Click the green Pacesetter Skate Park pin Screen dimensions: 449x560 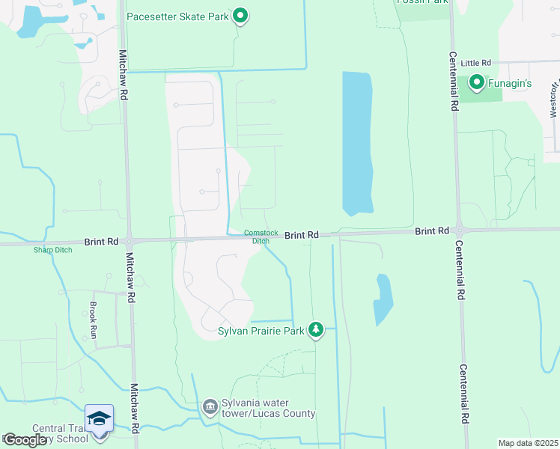240,15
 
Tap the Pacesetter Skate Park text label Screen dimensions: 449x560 177,16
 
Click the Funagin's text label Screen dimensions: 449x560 510,83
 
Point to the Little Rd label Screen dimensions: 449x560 475,64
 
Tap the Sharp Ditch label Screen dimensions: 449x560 52,250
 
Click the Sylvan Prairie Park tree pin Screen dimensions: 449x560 316,330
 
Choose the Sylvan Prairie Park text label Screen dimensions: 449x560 261,330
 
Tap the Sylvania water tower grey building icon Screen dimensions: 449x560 210,406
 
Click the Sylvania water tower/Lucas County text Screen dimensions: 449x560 268,408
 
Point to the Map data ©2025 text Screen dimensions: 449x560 528,443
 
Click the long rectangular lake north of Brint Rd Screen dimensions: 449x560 357,142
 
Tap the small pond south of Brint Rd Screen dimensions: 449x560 383,299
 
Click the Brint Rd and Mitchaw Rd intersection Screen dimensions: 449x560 129,241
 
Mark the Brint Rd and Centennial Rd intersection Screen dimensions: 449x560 457,230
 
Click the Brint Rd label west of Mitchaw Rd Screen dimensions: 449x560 102,242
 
